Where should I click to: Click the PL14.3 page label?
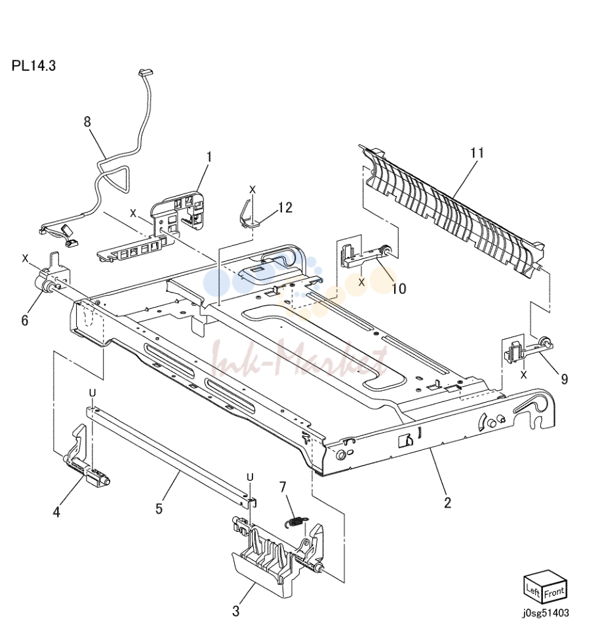point(33,65)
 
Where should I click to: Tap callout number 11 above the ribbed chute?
point(477,153)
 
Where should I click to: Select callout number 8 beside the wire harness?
point(87,121)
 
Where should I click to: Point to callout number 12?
point(285,207)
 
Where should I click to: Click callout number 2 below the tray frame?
point(447,502)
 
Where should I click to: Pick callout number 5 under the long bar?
point(159,509)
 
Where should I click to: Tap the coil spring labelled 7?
point(296,523)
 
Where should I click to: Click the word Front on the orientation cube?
point(554,592)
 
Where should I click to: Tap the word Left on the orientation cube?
point(533,590)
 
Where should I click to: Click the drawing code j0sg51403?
point(546,613)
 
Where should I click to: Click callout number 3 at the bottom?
point(236,611)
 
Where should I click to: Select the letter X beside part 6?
point(25,258)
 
